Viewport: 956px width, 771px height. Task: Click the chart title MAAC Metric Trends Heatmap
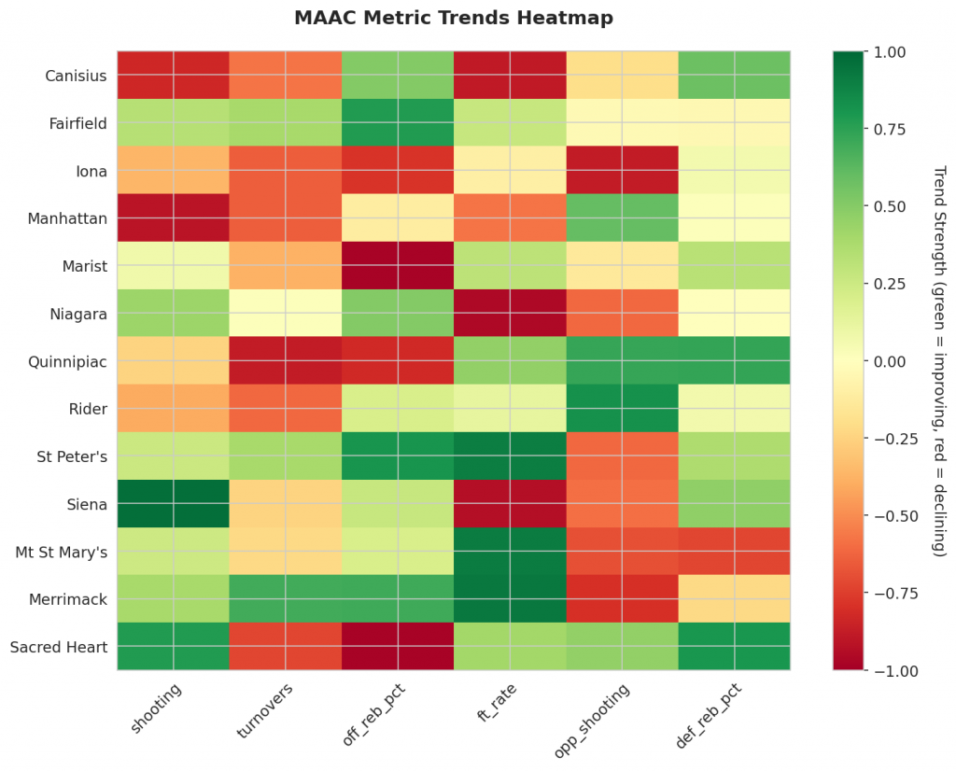[x=453, y=18]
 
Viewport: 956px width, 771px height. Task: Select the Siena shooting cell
[x=173, y=504]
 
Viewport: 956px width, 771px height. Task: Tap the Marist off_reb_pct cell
[x=397, y=266]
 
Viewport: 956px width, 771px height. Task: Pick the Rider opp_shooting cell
[x=622, y=409]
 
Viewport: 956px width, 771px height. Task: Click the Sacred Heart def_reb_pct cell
[x=734, y=647]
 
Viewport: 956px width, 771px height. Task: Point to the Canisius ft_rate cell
[x=510, y=75]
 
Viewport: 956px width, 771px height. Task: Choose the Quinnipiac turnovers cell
[x=285, y=361]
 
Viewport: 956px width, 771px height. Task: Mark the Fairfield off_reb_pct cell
[x=397, y=122]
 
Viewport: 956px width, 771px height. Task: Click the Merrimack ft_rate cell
[x=510, y=599]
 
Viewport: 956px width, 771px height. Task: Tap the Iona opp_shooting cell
[x=622, y=170]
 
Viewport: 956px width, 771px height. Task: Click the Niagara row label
[x=77, y=314]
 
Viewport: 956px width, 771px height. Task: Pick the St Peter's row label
[x=72, y=456]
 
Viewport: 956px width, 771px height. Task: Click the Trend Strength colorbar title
[x=939, y=361]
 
